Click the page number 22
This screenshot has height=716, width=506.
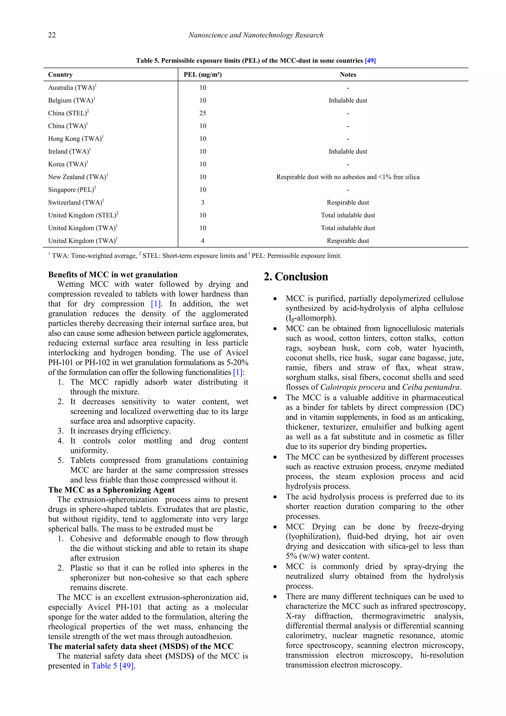pos(52,35)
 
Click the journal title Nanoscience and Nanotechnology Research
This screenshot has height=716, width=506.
pos(255,35)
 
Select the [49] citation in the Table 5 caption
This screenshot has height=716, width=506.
pos(370,61)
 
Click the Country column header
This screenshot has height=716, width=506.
pos(61,74)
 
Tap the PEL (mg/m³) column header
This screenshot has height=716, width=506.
pos(203,74)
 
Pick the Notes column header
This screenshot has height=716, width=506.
pos(348,74)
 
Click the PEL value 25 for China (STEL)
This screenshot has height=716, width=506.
pos(203,113)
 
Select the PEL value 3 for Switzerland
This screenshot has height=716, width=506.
pos(203,202)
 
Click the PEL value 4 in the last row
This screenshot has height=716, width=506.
pos(203,241)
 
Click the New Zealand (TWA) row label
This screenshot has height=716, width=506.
pos(78,177)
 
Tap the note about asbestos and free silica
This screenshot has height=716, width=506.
pos(348,177)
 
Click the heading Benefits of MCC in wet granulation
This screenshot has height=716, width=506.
pos(113,275)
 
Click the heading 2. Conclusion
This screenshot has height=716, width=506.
pos(296,277)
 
